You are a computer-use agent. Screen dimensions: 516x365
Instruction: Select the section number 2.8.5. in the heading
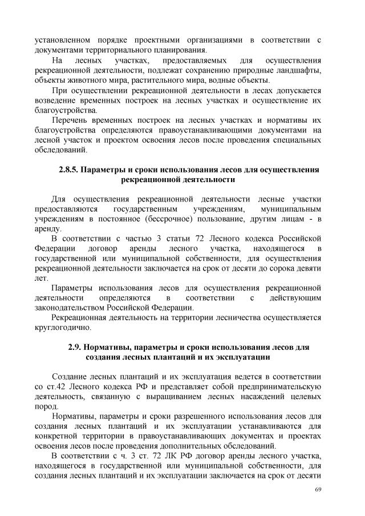click(x=71, y=170)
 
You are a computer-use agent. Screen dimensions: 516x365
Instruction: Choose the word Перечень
click(x=68, y=121)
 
